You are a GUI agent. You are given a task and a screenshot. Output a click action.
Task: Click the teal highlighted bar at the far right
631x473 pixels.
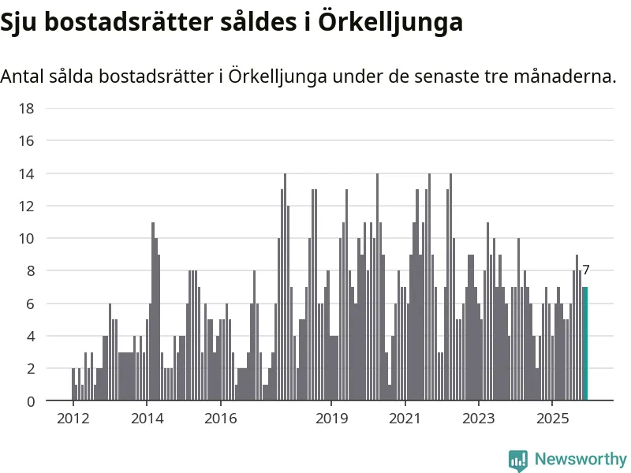pos(585,344)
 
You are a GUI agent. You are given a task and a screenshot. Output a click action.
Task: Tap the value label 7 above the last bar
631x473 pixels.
pos(586,270)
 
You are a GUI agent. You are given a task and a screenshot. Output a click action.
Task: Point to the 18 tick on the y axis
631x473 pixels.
pos(25,108)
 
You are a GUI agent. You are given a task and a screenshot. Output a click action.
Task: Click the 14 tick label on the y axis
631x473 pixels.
pos(25,173)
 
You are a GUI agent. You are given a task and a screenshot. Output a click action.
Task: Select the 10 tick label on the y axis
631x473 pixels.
pos(25,238)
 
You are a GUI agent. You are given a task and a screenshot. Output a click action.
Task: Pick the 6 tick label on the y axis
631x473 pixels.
pos(29,304)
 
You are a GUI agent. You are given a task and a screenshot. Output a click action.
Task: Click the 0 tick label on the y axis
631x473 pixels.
pos(29,401)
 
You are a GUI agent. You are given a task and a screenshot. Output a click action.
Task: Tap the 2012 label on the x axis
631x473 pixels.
pos(73,417)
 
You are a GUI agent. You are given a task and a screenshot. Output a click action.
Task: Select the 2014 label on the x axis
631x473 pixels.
pos(147,417)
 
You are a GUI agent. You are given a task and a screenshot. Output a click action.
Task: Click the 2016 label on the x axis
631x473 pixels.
pos(221,417)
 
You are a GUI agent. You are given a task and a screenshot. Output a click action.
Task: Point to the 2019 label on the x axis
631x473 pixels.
pos(331,417)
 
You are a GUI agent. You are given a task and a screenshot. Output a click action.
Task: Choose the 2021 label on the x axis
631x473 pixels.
pos(405,417)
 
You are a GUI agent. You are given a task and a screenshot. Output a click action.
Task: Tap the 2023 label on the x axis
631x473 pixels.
pos(479,417)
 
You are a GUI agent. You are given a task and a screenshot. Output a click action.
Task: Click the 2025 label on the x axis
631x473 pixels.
pos(552,417)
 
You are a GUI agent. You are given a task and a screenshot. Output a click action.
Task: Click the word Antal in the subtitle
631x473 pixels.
pos(21,76)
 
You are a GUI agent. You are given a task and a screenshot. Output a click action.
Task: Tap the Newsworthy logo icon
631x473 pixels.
pos(518,460)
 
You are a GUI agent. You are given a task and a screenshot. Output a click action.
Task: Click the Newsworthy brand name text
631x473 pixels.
pos(581,459)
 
